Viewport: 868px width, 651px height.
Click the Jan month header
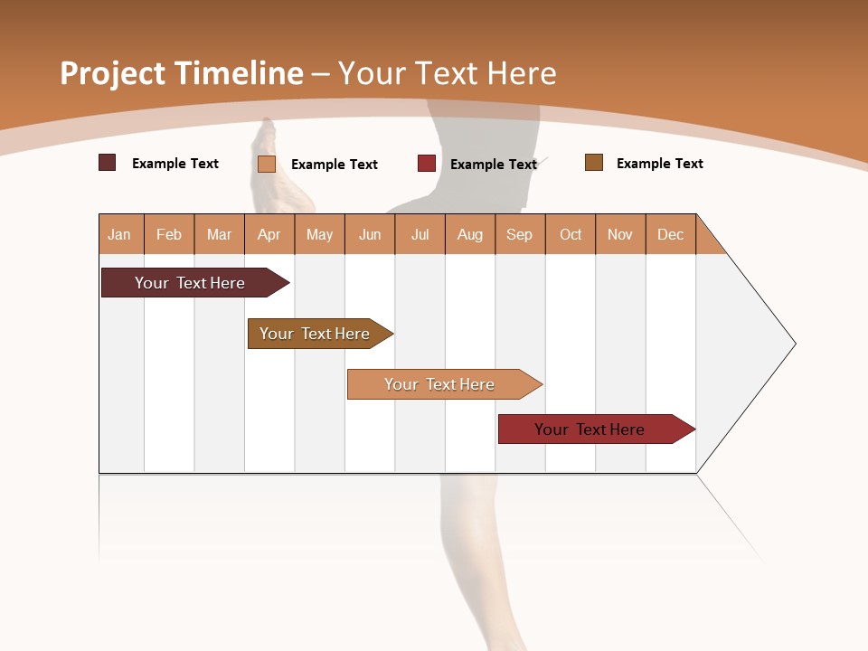[x=119, y=234]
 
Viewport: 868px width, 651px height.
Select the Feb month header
[x=169, y=234]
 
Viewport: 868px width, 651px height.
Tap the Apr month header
[x=269, y=234]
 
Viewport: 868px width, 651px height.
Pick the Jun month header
[x=370, y=234]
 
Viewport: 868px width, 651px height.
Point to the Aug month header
[x=469, y=234]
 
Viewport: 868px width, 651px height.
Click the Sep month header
[x=519, y=234]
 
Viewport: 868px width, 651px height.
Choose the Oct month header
[x=571, y=234]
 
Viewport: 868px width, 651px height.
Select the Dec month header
[x=670, y=234]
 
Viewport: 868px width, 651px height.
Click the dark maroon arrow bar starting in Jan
[x=190, y=283]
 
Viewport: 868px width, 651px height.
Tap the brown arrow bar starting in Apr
[x=315, y=334]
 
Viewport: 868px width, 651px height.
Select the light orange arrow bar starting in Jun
[x=439, y=384]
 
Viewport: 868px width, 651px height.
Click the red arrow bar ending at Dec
[x=590, y=429]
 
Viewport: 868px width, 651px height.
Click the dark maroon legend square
[x=107, y=163]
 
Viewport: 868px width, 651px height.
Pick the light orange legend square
[x=266, y=164]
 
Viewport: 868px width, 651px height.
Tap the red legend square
[x=426, y=164]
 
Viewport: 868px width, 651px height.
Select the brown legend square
[x=593, y=163]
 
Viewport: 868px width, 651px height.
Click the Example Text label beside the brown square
[x=659, y=164]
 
